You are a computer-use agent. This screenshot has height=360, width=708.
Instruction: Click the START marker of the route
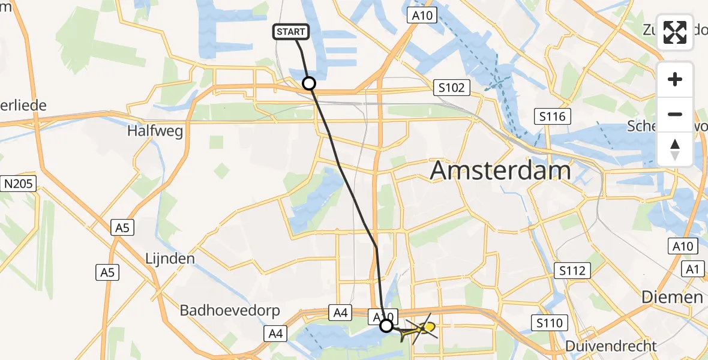[292, 32]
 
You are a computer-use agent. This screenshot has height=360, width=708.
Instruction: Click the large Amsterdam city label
[500, 170]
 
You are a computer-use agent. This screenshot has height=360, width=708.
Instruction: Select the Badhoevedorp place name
[221, 311]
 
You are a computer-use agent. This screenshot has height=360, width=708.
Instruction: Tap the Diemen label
[672, 296]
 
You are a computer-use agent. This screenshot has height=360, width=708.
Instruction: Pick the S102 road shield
[451, 88]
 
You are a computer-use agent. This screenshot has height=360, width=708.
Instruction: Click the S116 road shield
[552, 116]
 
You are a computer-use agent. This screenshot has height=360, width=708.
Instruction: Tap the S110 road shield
[549, 324]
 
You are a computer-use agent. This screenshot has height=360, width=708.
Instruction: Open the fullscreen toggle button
[675, 32]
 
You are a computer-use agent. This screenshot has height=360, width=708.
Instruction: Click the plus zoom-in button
[675, 79]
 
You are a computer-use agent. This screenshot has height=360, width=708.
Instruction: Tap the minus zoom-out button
[675, 114]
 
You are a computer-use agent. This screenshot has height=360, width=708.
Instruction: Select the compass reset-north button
[675, 149]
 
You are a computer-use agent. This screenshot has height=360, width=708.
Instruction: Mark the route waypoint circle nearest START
[309, 83]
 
